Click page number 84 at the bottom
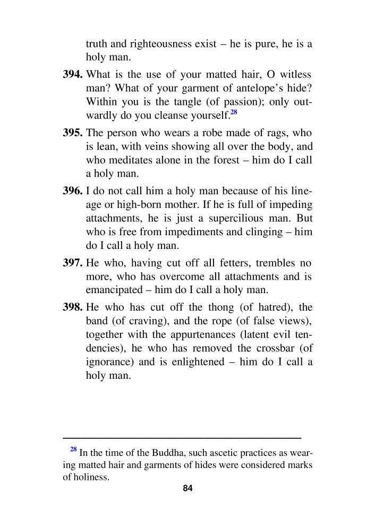click(187, 488)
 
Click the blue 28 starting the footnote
click(74, 449)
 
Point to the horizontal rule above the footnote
click(182, 437)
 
